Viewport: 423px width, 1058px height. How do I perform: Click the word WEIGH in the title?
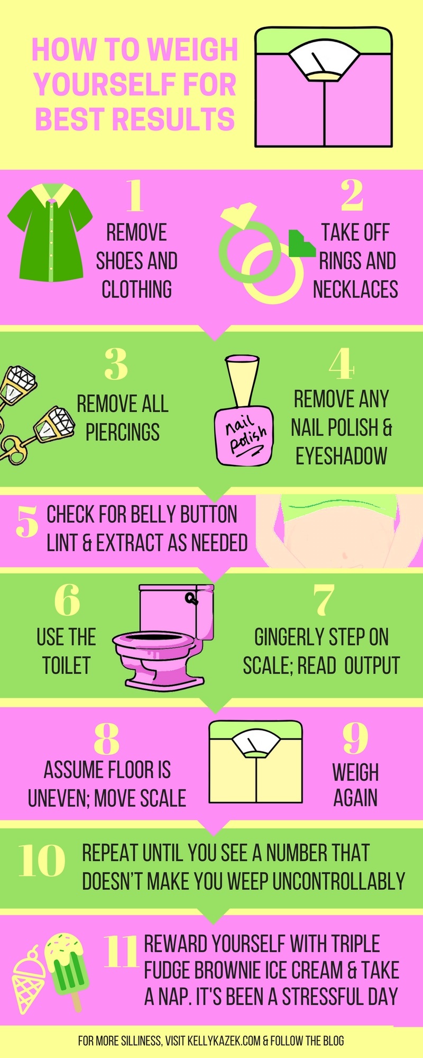click(193, 50)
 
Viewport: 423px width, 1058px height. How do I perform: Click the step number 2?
click(352, 195)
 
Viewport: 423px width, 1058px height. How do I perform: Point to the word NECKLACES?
click(355, 289)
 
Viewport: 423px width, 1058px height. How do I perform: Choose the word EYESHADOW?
click(341, 456)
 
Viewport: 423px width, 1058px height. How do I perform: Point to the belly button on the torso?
click(344, 555)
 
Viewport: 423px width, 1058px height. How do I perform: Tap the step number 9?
click(355, 738)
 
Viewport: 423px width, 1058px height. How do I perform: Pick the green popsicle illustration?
click(67, 965)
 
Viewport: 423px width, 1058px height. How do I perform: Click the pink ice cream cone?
click(29, 978)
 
